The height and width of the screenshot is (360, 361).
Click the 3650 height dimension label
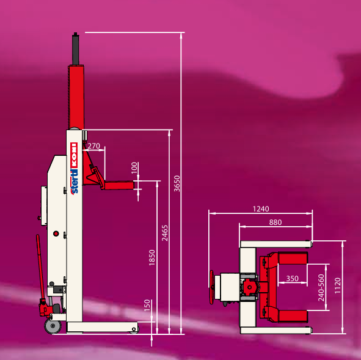[177, 183]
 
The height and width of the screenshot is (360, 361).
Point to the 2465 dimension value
[164, 233]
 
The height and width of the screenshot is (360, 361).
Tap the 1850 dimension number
[152, 257]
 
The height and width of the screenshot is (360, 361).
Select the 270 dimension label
[93, 146]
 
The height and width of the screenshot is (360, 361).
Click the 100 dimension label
[134, 167]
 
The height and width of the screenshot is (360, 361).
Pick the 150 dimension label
[147, 305]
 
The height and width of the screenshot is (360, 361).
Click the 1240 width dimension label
[261, 208]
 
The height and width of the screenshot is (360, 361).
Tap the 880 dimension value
[275, 222]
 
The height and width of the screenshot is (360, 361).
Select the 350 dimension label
[292, 279]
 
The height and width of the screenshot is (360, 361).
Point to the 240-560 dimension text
[321, 288]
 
